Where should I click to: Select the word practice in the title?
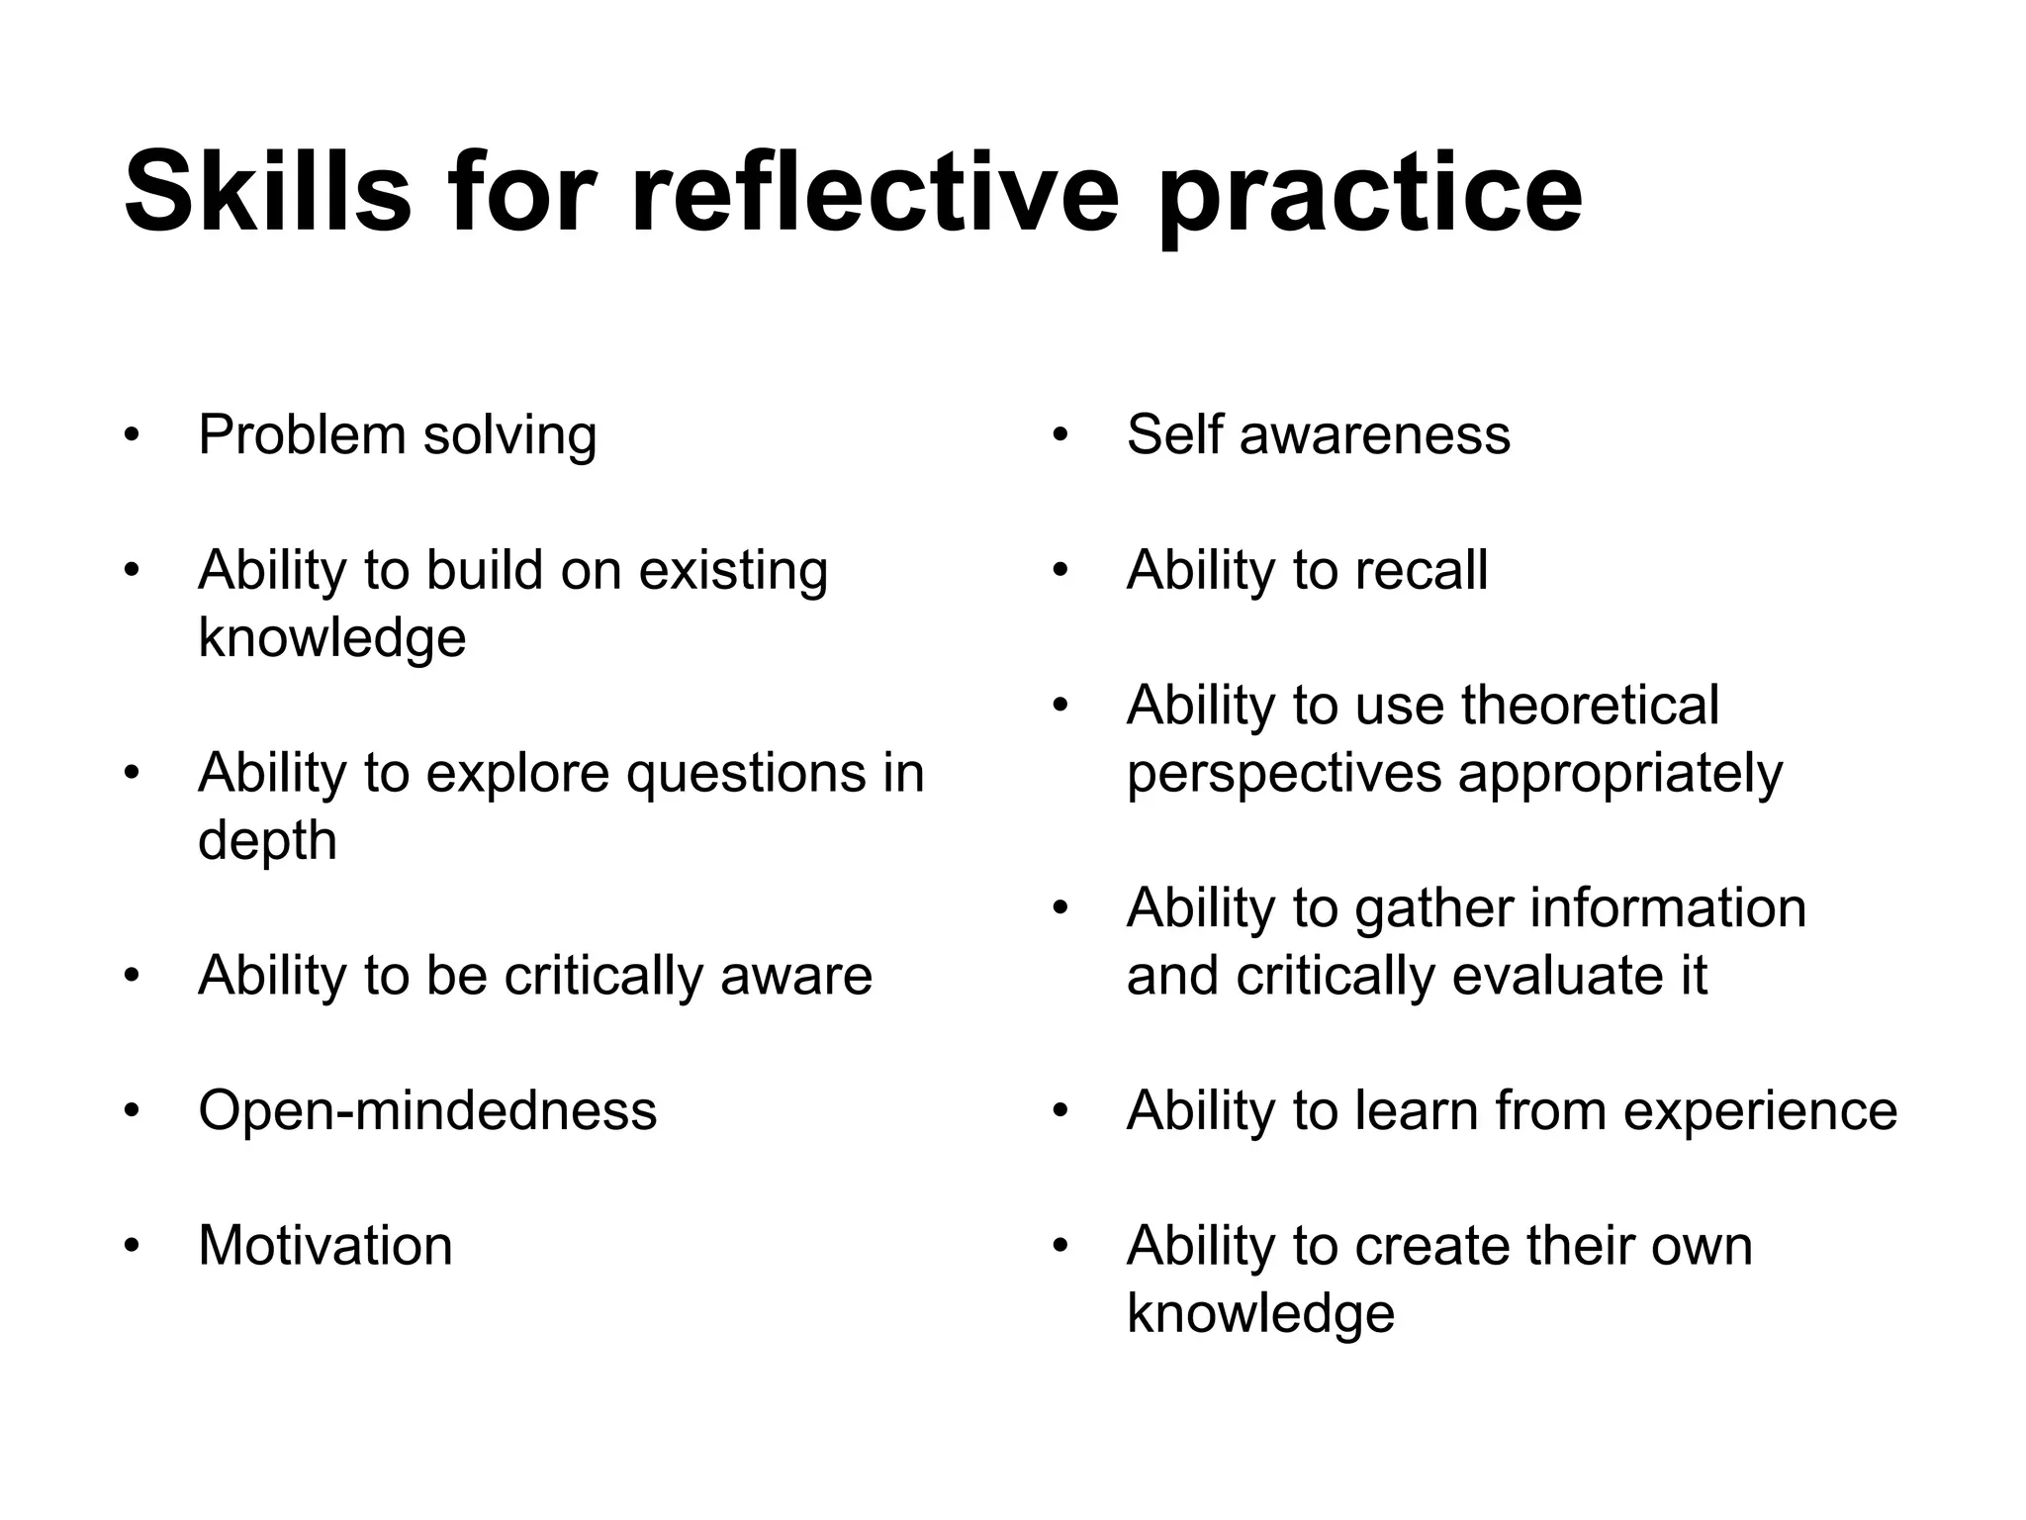click(x=1369, y=198)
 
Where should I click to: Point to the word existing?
click(x=733, y=571)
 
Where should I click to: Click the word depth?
click(x=267, y=841)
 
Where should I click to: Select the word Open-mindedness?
click(x=427, y=1110)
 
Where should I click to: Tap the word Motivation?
click(x=325, y=1246)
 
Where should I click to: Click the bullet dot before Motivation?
click(x=132, y=1246)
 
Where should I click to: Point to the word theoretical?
click(x=1590, y=706)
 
